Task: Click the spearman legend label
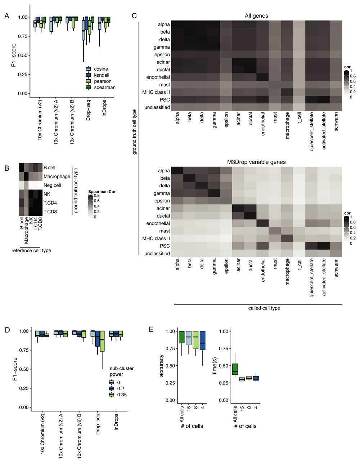click(105, 87)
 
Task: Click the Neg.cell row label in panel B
click(52, 185)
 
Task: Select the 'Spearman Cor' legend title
click(102, 192)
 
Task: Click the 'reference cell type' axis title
click(31, 250)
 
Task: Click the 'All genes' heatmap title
click(256, 15)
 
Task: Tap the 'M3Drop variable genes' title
click(256, 162)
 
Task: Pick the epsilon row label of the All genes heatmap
click(162, 54)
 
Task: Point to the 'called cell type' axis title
click(264, 308)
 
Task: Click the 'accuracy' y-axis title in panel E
click(162, 365)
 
